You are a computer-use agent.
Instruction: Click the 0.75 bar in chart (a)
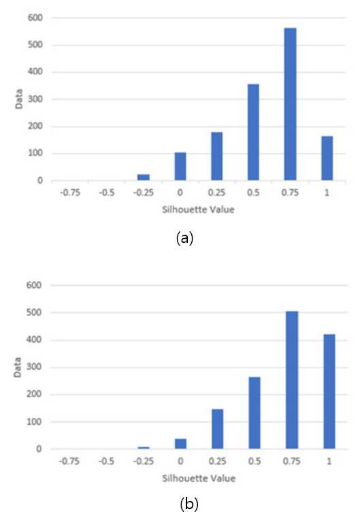[290, 104]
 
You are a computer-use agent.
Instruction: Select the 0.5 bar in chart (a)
[253, 132]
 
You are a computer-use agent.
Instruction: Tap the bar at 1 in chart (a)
[327, 158]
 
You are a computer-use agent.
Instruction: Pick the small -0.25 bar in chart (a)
[144, 177]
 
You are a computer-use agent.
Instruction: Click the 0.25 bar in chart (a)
[217, 156]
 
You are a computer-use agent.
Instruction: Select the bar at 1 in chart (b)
[329, 391]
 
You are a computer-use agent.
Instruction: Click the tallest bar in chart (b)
[292, 380]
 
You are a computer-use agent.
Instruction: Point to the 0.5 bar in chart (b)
[255, 413]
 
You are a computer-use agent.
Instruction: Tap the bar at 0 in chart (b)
[180, 444]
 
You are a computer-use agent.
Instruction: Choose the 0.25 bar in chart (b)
[218, 429]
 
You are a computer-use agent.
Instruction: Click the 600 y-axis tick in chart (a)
[35, 18]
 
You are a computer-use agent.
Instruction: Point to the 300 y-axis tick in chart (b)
[34, 367]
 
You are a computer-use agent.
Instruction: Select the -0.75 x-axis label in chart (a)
[70, 193]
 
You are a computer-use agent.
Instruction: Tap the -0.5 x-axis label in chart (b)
[107, 461]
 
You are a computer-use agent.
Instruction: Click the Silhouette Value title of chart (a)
[198, 210]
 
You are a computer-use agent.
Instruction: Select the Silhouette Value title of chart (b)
[199, 478]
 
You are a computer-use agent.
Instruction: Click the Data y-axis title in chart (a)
[19, 99]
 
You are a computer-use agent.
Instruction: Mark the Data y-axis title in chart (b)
[18, 368]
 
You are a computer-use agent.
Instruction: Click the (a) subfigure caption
[184, 238]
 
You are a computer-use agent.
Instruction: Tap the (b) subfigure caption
[189, 504]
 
